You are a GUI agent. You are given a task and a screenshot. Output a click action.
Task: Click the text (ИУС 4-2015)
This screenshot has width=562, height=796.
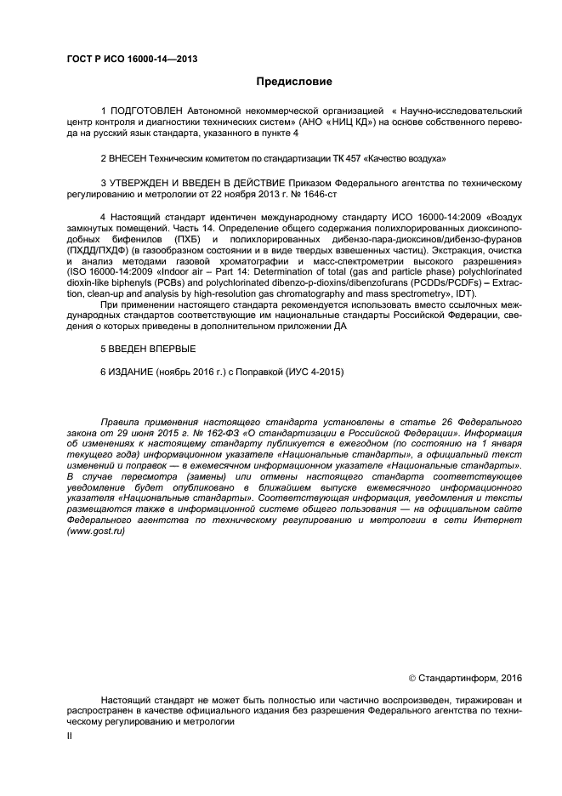point(313,372)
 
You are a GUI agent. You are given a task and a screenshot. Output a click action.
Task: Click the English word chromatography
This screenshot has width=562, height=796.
point(304,293)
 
